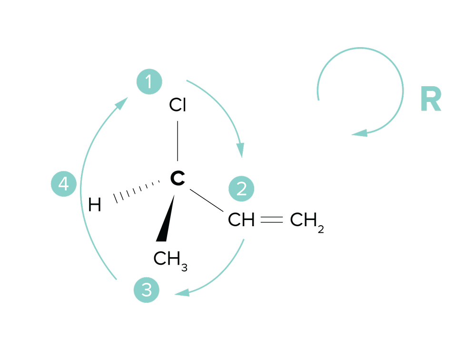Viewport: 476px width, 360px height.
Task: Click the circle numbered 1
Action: pos(149,82)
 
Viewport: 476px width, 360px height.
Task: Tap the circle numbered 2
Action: pos(241,189)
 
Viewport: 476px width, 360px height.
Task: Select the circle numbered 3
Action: pos(147,290)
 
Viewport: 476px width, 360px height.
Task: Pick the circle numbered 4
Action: pos(64,184)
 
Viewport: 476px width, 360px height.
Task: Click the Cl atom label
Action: pos(178,106)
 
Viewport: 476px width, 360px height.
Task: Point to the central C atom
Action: pos(178,179)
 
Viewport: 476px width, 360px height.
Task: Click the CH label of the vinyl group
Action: pos(241,220)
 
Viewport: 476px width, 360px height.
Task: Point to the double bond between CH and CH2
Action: pos(272,220)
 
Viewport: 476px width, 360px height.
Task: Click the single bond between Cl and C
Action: pos(177,140)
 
